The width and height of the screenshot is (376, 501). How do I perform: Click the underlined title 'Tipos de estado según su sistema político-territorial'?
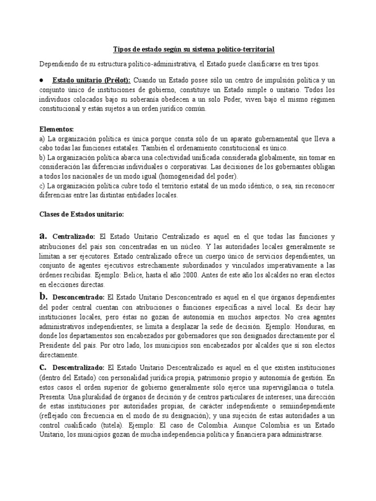click(194, 49)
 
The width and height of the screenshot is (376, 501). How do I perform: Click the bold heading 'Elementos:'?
click(56, 129)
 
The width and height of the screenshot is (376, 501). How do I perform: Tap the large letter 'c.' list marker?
click(43, 367)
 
